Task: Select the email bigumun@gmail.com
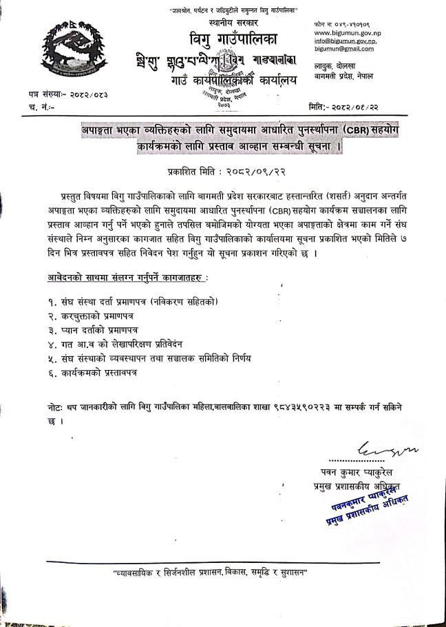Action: [x=345, y=50]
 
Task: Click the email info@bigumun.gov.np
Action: [x=346, y=41]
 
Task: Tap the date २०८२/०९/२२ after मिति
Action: [x=374, y=104]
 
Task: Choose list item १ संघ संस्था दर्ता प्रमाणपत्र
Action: [x=133, y=301]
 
